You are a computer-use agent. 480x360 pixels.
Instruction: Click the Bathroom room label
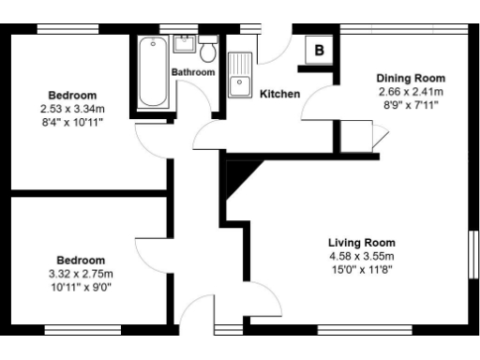coord(193,71)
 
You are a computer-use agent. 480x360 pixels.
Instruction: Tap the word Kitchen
coord(279,94)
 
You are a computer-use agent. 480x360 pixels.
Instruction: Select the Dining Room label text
coord(411,78)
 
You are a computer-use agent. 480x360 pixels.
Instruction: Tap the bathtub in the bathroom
coord(150,73)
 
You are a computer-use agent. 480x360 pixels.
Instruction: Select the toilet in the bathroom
coord(208,48)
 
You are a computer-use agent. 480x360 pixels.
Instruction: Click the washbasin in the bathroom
coord(184,44)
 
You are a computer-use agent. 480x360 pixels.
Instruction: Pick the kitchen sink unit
coord(240,73)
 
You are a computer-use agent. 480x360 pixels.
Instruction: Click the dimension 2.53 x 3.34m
coord(74,109)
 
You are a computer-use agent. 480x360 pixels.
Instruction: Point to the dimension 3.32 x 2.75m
coord(80,274)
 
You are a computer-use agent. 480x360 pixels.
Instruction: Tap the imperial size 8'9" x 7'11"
coord(411,105)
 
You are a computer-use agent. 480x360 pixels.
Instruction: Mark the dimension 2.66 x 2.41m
coord(411,92)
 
